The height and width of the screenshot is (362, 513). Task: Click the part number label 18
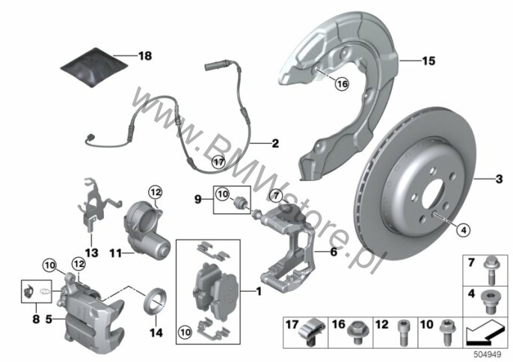pos(145,56)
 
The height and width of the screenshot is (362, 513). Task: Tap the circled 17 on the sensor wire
pos(218,162)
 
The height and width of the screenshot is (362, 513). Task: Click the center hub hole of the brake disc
pos(434,197)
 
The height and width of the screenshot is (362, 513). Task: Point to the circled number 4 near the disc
pos(464,230)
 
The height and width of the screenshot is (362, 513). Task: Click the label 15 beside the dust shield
pos(428,61)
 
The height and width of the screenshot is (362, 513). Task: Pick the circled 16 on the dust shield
pos(342,84)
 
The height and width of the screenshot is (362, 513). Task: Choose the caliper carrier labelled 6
pos(288,249)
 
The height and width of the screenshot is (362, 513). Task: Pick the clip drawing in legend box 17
pos(313,331)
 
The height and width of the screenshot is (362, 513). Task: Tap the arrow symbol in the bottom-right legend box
pos(485,333)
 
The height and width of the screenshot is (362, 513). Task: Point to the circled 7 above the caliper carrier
pos(276,196)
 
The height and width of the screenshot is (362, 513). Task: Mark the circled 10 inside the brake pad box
pos(185,333)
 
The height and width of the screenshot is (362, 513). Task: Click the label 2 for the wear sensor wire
pos(275,144)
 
